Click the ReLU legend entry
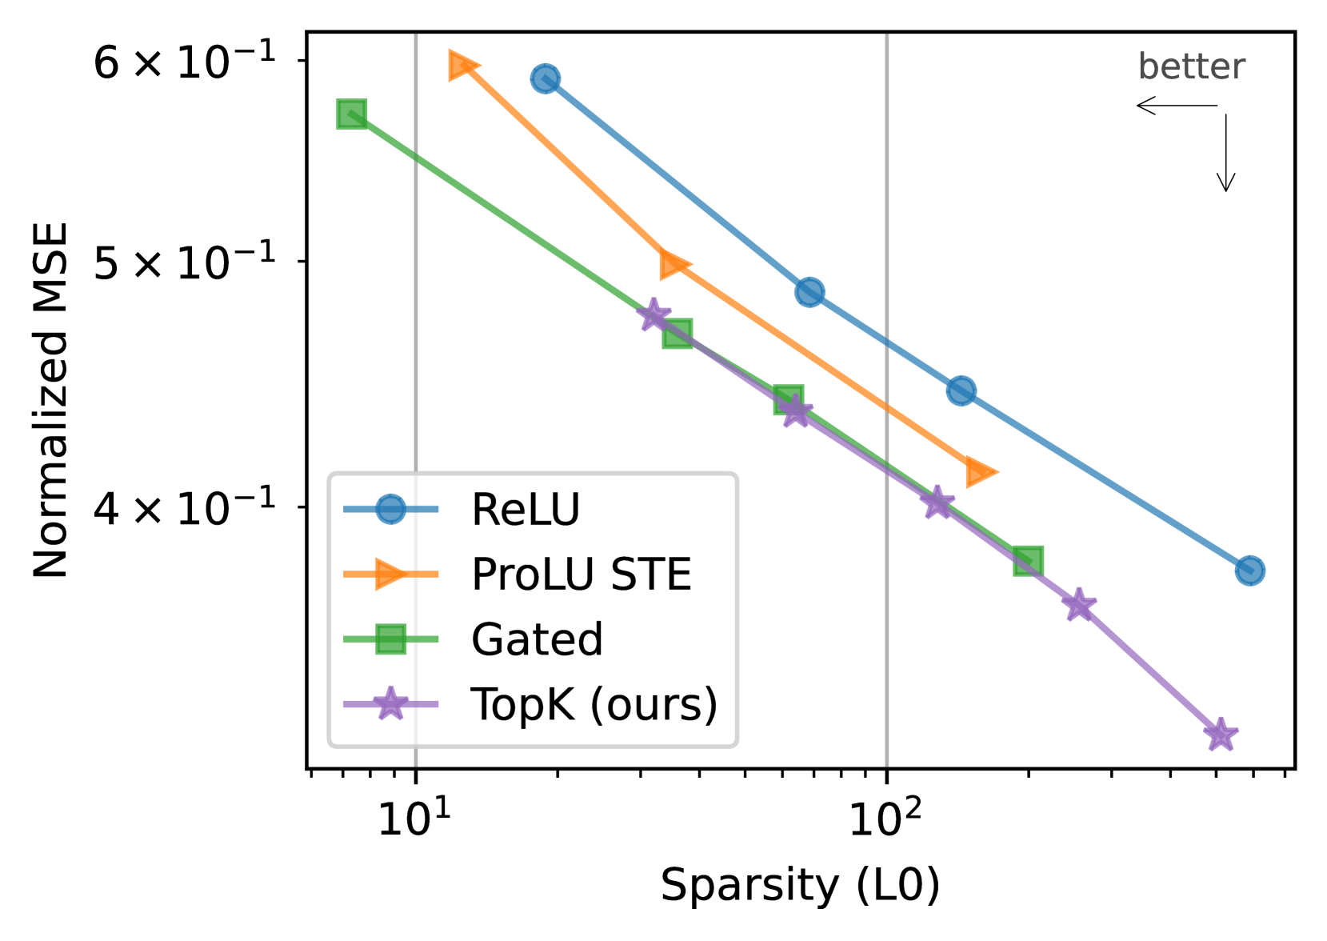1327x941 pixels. coord(525,510)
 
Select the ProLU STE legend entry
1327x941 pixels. coord(581,575)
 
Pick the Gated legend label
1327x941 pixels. coord(537,639)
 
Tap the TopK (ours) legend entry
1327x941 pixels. coord(594,704)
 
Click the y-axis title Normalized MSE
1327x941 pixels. coord(51,400)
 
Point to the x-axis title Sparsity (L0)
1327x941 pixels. coord(800,885)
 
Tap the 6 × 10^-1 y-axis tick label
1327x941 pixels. coord(185,62)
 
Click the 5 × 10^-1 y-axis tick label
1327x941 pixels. coord(185,262)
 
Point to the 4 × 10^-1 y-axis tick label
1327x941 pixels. coord(185,508)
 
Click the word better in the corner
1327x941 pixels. coord(1191,67)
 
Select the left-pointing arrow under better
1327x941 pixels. coord(1176,106)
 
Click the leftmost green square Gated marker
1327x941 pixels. coord(352,114)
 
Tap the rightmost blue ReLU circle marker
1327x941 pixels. coord(1249,571)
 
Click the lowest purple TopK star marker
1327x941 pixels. coord(1220,734)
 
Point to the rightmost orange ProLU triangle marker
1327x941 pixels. coord(980,472)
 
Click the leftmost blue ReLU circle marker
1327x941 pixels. coord(546,78)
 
